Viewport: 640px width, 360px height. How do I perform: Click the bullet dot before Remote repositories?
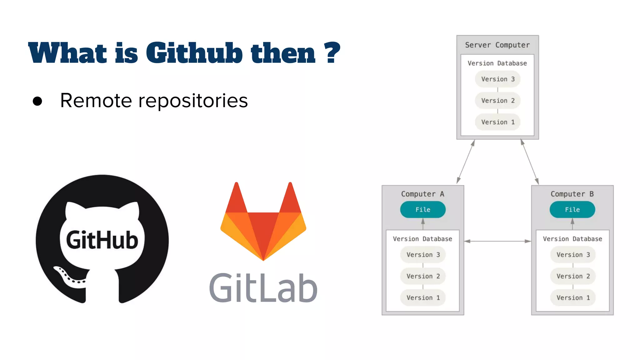[37, 101]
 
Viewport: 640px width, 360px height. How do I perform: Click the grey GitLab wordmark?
[263, 288]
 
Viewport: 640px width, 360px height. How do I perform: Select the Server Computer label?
[497, 45]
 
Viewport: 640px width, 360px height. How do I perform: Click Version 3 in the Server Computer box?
[497, 79]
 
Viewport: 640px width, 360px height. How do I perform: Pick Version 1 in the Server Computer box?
[497, 122]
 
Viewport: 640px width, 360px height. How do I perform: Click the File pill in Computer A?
[422, 210]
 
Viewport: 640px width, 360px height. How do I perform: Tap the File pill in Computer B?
[572, 210]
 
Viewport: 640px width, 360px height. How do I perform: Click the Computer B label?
[572, 194]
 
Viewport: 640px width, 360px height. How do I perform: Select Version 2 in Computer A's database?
[423, 276]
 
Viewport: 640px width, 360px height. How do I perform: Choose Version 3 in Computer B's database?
[573, 255]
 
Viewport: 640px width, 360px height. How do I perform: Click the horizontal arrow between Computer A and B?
[497, 241]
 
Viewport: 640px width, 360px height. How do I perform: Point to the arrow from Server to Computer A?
[466, 162]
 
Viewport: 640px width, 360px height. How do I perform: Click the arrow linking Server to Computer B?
[530, 162]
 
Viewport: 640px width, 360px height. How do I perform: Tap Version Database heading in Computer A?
[422, 239]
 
